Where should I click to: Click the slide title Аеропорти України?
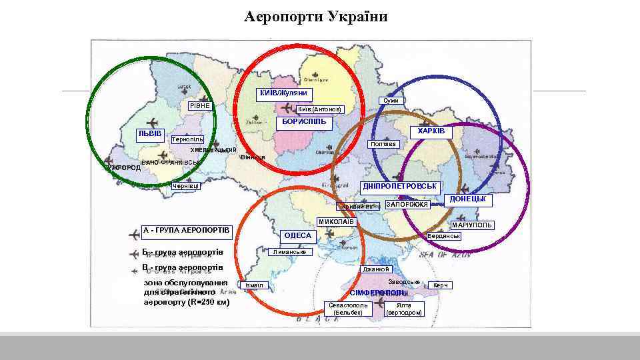point(315,16)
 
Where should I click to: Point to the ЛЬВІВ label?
point(150,134)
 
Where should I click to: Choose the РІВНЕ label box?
point(199,106)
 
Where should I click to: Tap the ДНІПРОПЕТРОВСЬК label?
point(400,185)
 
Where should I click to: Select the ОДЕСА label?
point(297,235)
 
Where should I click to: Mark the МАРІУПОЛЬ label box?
point(472,225)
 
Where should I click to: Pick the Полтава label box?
point(383,144)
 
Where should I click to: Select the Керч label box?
point(441,285)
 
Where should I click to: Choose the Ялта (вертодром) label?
point(404,309)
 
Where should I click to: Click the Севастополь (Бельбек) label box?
point(348,309)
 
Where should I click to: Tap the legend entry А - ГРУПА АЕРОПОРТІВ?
point(186,231)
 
